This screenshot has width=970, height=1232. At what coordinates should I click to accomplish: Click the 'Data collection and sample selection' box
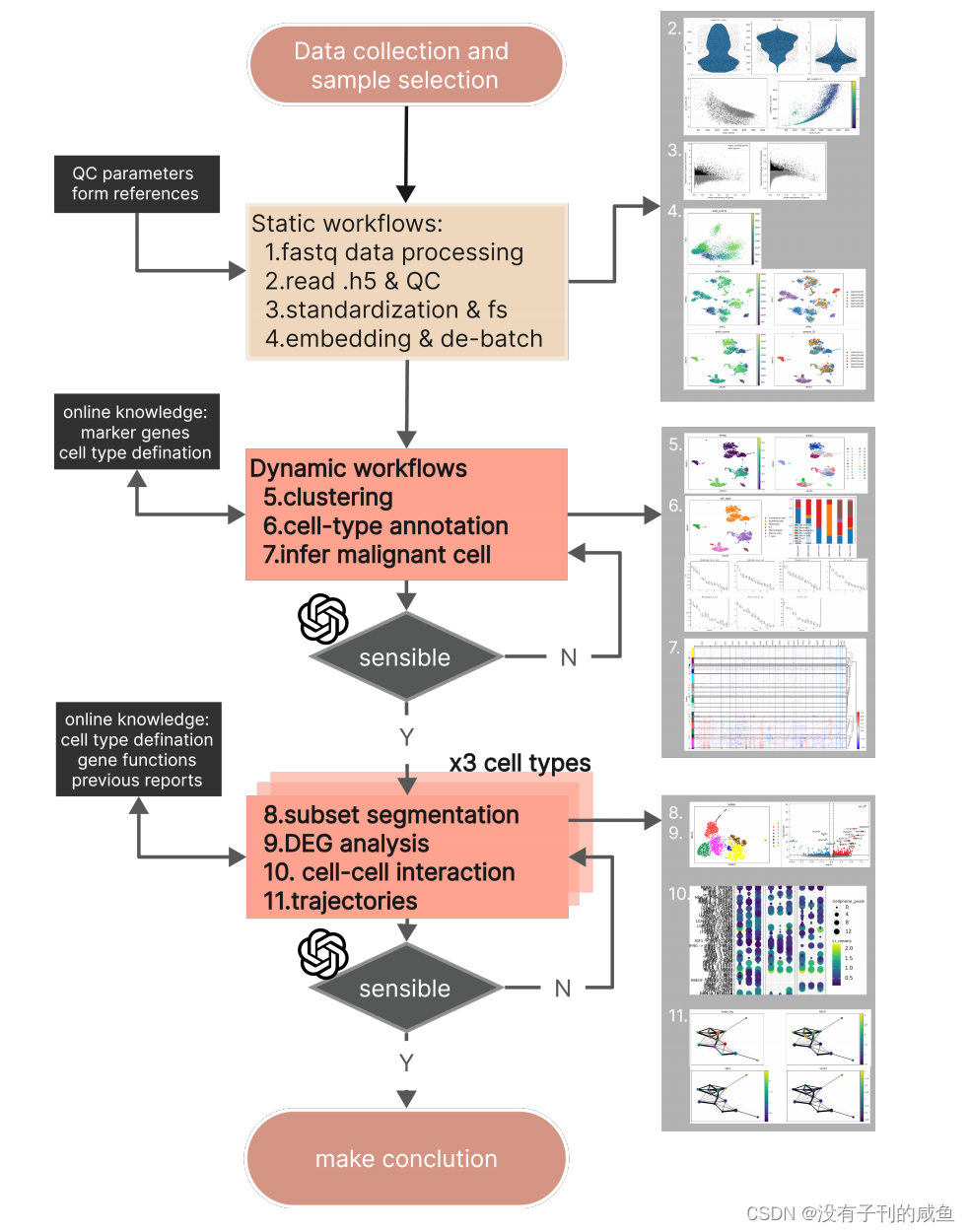tap(405, 65)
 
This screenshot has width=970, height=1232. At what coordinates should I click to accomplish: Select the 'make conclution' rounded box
tap(406, 1158)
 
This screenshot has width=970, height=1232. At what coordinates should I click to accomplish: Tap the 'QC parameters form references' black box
tap(136, 183)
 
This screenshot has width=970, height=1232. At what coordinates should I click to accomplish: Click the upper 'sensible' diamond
tap(405, 657)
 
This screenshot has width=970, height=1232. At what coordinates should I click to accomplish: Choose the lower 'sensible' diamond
tap(405, 989)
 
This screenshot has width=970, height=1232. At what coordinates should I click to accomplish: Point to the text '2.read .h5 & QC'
tap(352, 281)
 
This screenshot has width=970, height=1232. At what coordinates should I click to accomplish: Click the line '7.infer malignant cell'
tap(377, 555)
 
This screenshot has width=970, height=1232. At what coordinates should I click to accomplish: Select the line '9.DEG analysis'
tap(346, 844)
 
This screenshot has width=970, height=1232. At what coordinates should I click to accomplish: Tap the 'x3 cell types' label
tap(520, 763)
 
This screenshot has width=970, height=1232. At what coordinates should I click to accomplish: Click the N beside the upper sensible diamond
tap(569, 657)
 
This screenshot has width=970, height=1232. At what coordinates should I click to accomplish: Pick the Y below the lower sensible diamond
tap(406, 1062)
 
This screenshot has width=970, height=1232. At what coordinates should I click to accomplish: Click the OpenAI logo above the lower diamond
tap(323, 953)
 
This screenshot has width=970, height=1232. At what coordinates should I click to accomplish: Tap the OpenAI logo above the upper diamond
tap(323, 619)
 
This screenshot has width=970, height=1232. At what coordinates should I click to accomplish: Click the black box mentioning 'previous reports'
tap(138, 749)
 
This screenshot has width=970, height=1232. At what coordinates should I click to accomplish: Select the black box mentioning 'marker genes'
tap(136, 432)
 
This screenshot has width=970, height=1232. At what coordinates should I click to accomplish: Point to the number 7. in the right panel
tap(674, 648)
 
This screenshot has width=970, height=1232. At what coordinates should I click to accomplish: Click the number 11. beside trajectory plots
tap(677, 1015)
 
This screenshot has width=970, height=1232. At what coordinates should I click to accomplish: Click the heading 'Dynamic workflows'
tap(359, 468)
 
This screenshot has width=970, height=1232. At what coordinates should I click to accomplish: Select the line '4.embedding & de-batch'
tap(403, 338)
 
